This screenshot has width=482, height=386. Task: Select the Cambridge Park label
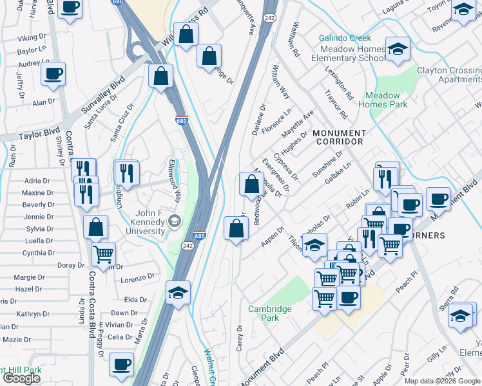pos(270,313)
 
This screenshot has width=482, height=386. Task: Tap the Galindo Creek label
pos(345,39)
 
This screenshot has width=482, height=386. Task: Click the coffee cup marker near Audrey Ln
pos(53,73)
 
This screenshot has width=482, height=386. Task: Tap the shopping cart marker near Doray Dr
pos(103,254)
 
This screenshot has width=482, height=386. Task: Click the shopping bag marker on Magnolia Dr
pos(251,183)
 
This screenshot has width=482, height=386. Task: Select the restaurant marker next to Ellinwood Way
pos(127,172)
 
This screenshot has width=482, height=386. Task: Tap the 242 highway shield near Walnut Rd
pos(269,17)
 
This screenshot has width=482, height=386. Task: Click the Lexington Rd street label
pos(340,82)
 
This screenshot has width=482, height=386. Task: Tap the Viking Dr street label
pos(32,38)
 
